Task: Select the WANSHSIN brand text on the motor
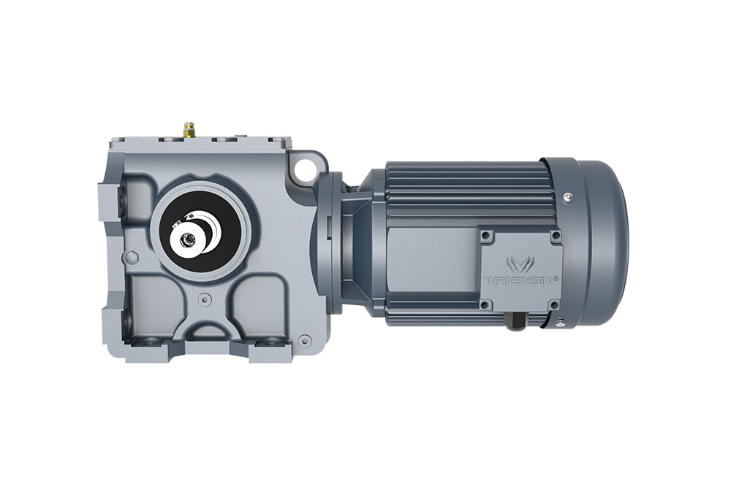tap(520, 280)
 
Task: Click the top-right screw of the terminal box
tap(555, 235)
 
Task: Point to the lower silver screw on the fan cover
tap(561, 323)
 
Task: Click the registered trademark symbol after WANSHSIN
tap(558, 277)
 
